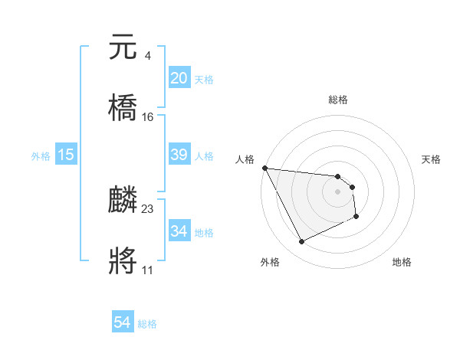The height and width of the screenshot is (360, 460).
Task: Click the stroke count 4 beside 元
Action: [147, 55]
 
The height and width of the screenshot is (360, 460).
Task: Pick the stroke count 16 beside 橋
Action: [148, 116]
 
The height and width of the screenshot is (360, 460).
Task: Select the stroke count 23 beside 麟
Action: [148, 208]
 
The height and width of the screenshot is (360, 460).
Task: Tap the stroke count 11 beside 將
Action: [147, 270]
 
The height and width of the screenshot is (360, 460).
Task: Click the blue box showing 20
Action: [179, 78]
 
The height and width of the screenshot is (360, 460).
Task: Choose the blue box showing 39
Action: [179, 155]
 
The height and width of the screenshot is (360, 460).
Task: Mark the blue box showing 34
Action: [179, 231]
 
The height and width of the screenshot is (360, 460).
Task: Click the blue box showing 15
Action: [66, 155]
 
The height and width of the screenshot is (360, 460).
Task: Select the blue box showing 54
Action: [123, 323]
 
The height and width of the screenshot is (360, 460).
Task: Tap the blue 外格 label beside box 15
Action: [41, 156]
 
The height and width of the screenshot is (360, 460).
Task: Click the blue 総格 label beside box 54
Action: [147, 324]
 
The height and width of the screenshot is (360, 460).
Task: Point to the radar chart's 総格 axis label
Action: [338, 100]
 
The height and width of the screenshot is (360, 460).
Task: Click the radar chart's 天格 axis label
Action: [432, 159]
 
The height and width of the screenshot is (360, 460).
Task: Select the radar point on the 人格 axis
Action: [264, 168]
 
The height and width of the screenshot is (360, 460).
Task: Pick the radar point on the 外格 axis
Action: [301, 242]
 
